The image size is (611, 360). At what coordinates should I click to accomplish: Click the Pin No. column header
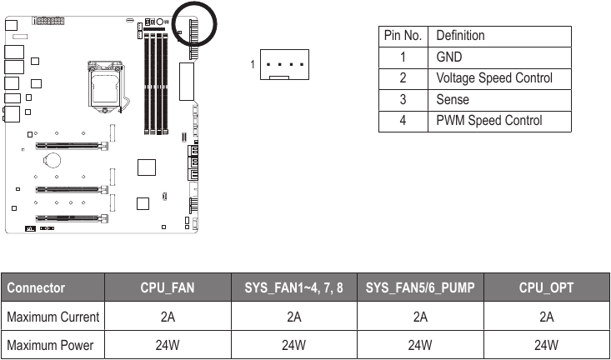404,36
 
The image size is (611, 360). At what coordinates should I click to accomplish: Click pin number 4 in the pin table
403,120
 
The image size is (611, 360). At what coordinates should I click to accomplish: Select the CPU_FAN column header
168,288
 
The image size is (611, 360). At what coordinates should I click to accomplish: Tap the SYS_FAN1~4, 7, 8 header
293,288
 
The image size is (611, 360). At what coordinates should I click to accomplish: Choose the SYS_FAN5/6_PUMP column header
420,288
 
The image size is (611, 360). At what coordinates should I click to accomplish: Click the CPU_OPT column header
546,288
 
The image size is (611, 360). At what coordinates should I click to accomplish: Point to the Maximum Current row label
53,317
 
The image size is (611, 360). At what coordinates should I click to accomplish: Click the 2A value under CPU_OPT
546,317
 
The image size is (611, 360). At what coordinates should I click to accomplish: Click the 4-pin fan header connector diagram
284,64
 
